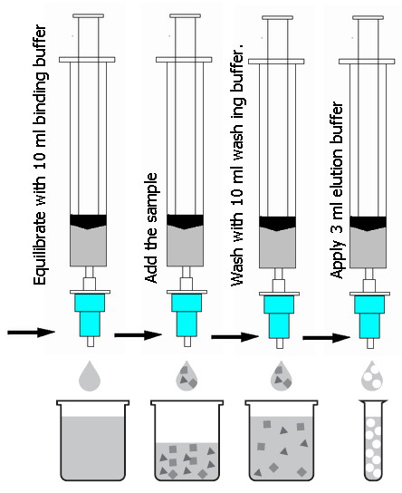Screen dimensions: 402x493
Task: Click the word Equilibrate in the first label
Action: pyautogui.click(x=41, y=248)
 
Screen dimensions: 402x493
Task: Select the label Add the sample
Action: pyautogui.click(x=151, y=228)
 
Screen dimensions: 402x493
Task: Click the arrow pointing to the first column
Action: pyautogui.click(x=31, y=333)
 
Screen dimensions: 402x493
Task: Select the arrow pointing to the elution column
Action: pyautogui.click(x=326, y=338)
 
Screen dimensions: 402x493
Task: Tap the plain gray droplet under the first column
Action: pyautogui.click(x=90, y=376)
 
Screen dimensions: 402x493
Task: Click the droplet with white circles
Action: pyautogui.click(x=372, y=375)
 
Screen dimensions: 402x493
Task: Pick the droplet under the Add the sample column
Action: pyautogui.click(x=187, y=376)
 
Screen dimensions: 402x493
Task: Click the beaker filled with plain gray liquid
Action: pyautogui.click(x=92, y=440)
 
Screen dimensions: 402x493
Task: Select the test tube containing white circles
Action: pyautogui.click(x=373, y=440)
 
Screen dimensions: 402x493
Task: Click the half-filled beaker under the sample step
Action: pyautogui.click(x=187, y=440)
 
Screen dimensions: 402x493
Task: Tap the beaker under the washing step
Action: pyautogui.click(x=281, y=440)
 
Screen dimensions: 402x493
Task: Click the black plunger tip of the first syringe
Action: pyautogui.click(x=88, y=221)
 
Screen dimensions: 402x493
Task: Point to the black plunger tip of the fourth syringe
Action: pyautogui.click(x=368, y=223)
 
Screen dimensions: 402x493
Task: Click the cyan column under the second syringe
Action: pyautogui.click(x=187, y=315)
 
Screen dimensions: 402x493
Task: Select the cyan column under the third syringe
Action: pyautogui.click(x=279, y=317)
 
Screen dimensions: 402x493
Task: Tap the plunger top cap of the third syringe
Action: pyautogui.click(x=278, y=17)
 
